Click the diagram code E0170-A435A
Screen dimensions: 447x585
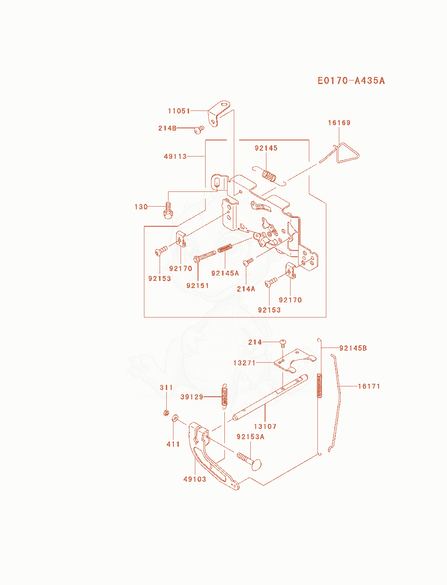click(351, 81)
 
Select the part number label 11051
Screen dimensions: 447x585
click(179, 111)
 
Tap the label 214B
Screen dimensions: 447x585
click(167, 128)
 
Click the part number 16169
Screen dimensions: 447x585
click(339, 123)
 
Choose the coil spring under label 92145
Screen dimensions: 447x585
click(269, 176)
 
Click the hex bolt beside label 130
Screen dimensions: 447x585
click(168, 211)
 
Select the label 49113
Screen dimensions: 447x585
click(175, 157)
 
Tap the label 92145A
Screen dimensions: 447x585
click(225, 273)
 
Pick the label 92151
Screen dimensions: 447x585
click(198, 286)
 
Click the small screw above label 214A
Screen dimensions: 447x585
click(248, 262)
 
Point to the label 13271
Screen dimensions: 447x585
click(244, 363)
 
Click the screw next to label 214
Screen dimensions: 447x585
click(283, 343)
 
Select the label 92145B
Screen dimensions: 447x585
click(353, 348)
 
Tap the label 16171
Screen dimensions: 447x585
click(369, 386)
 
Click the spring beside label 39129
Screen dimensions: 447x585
click(224, 396)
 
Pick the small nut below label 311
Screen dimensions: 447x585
click(166, 413)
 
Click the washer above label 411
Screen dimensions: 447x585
click(175, 418)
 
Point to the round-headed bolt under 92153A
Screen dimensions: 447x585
click(249, 462)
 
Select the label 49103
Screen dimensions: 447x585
click(195, 479)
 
